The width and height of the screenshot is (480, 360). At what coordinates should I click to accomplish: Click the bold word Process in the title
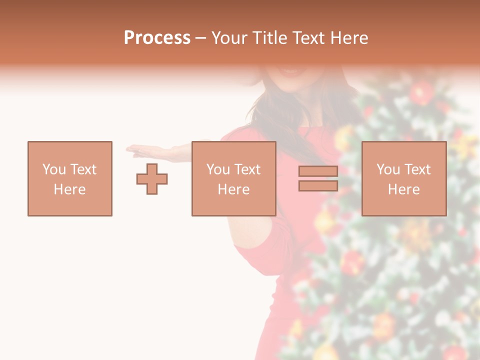(157, 38)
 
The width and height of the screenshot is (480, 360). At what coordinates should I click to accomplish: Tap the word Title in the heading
(269, 38)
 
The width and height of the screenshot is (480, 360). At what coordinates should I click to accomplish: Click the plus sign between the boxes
(152, 179)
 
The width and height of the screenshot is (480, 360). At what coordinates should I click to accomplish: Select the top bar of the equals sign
(318, 171)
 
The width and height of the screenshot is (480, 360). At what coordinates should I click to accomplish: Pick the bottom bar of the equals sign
(318, 186)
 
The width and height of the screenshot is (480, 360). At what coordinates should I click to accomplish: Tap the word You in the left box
(54, 169)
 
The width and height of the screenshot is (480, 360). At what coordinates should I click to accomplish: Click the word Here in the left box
(69, 189)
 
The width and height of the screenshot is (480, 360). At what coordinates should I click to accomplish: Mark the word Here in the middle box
(233, 189)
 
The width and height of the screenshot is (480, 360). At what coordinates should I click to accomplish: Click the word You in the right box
(388, 169)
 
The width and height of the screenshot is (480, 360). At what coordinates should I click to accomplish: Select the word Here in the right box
(403, 189)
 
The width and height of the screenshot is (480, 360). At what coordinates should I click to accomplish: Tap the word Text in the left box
(83, 169)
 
